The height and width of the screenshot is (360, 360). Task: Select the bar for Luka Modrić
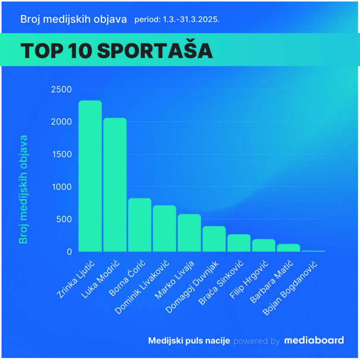click(x=115, y=185)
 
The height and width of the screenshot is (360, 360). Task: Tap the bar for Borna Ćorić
click(x=139, y=225)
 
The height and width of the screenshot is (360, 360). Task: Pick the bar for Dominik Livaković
click(x=164, y=228)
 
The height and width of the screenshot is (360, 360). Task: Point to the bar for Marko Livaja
click(x=189, y=233)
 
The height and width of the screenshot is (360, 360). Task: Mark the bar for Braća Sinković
click(x=239, y=243)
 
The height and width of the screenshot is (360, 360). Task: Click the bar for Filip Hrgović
click(x=264, y=245)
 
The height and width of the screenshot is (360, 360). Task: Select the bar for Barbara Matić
click(x=288, y=248)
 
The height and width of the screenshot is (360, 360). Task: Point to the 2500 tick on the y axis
click(x=61, y=89)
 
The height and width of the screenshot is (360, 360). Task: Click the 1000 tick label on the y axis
click(x=61, y=187)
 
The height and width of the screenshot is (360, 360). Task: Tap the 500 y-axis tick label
click(x=64, y=219)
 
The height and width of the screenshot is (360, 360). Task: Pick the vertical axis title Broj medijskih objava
click(x=23, y=189)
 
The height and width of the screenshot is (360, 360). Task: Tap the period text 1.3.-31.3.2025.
click(x=177, y=20)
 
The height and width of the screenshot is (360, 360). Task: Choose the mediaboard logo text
click(x=314, y=340)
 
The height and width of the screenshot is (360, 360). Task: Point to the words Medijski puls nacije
click(x=189, y=340)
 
